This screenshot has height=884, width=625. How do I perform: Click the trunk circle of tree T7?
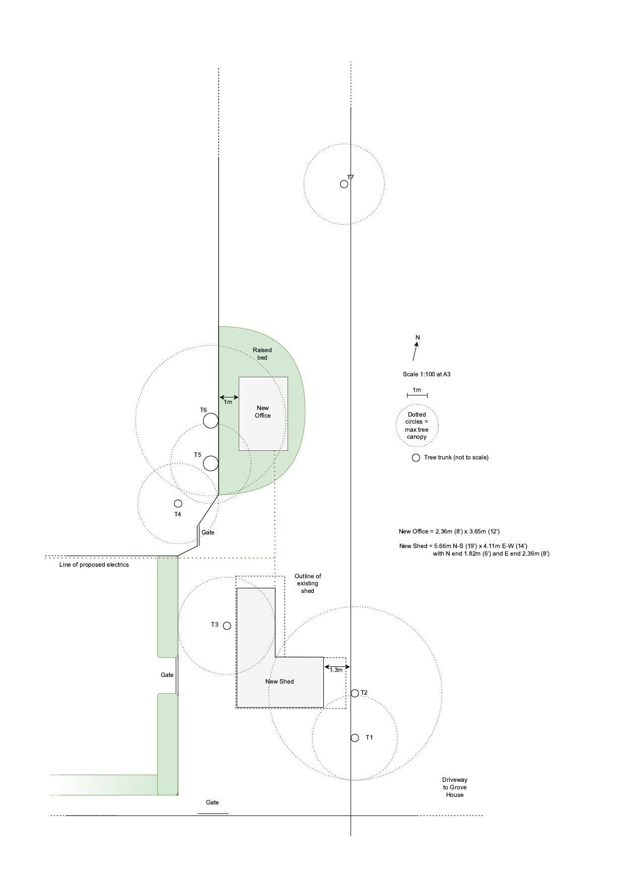(344, 184)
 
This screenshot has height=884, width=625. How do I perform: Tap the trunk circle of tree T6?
(211, 420)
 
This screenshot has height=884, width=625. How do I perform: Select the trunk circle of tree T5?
(211, 463)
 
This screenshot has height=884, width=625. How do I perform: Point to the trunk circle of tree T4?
(178, 503)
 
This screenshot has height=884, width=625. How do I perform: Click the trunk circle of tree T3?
(227, 626)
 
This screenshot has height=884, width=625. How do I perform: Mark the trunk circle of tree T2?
(355, 693)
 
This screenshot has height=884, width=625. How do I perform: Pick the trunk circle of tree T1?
(355, 737)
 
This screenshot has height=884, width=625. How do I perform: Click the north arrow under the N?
(415, 352)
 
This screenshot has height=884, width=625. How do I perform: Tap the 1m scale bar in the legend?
(417, 395)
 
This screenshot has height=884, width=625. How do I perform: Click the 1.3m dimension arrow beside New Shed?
(336, 667)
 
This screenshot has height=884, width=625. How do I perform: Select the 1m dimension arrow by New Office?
(229, 397)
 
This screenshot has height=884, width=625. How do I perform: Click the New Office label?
(263, 412)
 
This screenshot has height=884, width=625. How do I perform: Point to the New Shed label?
(280, 682)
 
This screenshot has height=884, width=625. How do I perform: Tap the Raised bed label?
(262, 354)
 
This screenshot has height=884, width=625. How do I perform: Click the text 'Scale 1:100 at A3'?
(426, 374)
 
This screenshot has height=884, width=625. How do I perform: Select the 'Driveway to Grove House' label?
(454, 787)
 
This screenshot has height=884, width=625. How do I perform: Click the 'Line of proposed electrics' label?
(94, 565)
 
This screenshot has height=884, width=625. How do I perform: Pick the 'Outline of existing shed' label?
(308, 583)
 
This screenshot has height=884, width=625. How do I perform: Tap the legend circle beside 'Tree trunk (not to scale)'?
(416, 457)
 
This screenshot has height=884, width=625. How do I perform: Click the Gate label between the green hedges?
(167, 675)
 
